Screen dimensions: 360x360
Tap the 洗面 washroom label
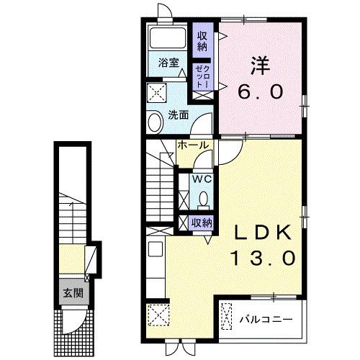click(177, 114)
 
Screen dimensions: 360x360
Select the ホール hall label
click(193, 145)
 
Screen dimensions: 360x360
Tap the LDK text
click(261, 233)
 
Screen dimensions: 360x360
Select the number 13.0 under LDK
click(261, 257)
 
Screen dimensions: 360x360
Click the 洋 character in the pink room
click(261, 65)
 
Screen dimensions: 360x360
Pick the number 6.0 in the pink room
click(261, 91)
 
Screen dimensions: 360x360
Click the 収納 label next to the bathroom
click(202, 39)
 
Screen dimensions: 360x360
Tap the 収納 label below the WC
click(202, 222)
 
